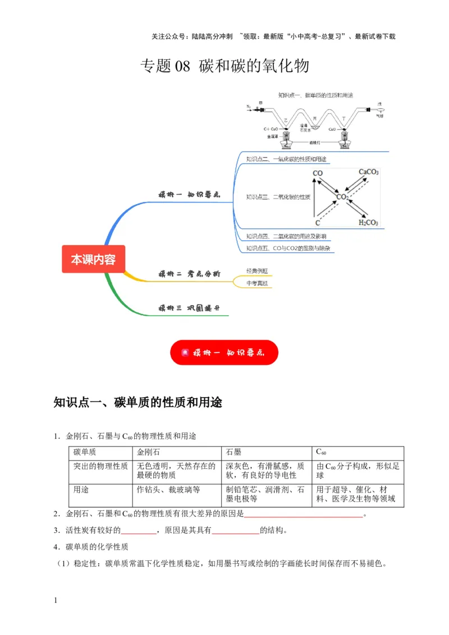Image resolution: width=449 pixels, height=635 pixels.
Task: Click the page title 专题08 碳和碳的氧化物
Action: coord(224,67)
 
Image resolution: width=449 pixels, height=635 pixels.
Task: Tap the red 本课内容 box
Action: coord(93,259)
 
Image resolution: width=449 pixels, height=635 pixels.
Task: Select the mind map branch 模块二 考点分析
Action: coord(189,274)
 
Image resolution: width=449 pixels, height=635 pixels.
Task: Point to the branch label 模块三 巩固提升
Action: coord(189,308)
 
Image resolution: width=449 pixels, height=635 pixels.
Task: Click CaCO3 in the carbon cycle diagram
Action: coord(368,172)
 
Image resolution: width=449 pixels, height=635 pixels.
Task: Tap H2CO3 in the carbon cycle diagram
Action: coord(368,223)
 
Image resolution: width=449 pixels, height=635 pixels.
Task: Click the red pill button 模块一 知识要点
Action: coord(224,353)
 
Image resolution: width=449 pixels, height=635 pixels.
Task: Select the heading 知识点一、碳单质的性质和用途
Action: coord(138,403)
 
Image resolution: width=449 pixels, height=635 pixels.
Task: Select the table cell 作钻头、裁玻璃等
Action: coord(168,490)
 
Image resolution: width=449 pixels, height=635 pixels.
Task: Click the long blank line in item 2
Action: coord(304,514)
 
